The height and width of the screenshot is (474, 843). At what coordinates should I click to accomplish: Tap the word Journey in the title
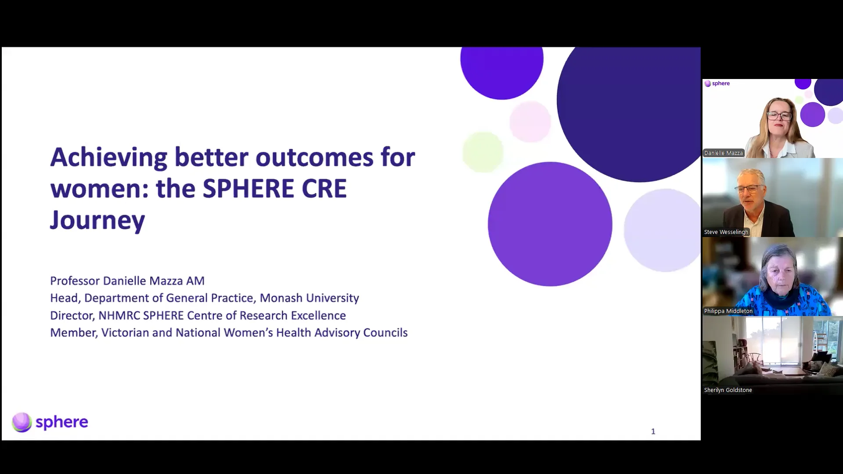[x=97, y=221]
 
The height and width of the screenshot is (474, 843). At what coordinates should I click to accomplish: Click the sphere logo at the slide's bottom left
[x=50, y=422]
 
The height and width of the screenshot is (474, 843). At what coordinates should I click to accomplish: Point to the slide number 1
[x=653, y=431]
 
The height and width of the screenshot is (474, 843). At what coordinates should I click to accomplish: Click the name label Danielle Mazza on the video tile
[x=723, y=153]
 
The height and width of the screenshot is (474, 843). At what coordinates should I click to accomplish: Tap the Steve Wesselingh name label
[x=726, y=232]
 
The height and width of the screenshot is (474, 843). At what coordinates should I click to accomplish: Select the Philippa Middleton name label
[x=728, y=311]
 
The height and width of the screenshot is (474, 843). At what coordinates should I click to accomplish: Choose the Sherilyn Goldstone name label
[x=728, y=390]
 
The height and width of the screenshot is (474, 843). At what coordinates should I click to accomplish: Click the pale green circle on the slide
[x=483, y=152]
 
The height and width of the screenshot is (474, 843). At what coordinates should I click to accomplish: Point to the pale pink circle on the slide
[x=530, y=122]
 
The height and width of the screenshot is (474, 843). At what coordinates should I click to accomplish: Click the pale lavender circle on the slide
[x=662, y=230]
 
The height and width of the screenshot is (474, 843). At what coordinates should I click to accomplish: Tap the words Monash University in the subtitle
[x=309, y=298]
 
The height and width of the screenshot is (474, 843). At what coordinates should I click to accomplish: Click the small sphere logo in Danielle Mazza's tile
[x=717, y=83]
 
